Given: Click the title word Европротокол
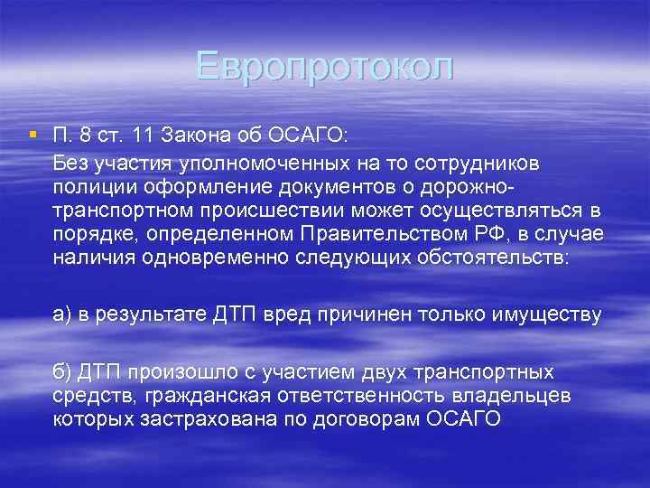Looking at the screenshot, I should [324, 67].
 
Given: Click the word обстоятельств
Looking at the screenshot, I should [489, 258].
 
